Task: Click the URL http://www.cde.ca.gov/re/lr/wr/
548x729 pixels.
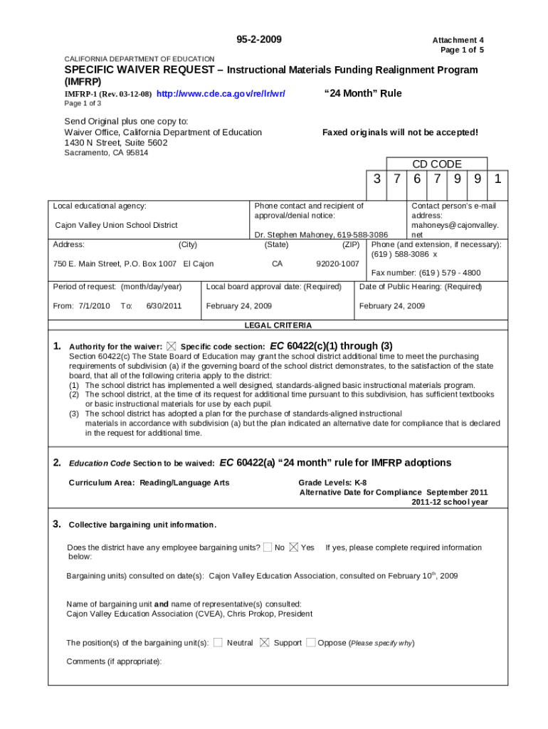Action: coord(221,94)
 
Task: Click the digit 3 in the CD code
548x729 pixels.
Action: coord(376,179)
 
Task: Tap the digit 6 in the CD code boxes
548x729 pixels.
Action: coord(416,179)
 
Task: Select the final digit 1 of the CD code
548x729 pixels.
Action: coord(498,179)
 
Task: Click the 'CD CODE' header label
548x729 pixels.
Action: coord(437,164)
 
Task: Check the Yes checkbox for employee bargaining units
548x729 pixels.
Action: coord(295,547)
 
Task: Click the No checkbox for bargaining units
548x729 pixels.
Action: coord(267,547)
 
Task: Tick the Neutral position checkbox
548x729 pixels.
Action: coord(218,642)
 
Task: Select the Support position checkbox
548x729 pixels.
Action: coord(265,642)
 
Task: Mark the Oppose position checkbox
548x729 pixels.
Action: coord(311,642)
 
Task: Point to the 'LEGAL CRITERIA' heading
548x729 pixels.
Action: coord(278,325)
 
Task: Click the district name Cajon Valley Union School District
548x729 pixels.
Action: coord(117,225)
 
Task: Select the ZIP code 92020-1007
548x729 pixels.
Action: coord(337,264)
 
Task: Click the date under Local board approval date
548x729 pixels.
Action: coord(238,306)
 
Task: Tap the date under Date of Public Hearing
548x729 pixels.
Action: coord(392,306)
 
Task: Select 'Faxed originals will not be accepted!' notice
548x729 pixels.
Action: coord(400,132)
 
